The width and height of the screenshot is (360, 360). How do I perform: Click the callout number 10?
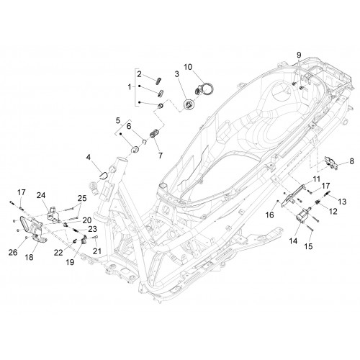(188, 67)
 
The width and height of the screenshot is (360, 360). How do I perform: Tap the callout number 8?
(351, 161)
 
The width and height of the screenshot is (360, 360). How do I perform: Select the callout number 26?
(13, 252)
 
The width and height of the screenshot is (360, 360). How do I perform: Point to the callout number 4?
(89, 158)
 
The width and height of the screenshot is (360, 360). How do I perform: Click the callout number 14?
(293, 240)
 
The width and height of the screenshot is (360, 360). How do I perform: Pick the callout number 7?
(160, 156)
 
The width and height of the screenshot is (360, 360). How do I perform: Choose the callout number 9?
(299, 55)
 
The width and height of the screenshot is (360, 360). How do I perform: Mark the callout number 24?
(41, 195)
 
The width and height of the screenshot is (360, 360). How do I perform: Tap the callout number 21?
(97, 251)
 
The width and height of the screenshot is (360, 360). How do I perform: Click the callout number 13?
(342, 202)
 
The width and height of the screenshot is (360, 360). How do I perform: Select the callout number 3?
(177, 74)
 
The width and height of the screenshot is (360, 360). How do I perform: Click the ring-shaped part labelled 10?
(207, 89)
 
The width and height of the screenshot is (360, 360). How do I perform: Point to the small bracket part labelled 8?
(331, 163)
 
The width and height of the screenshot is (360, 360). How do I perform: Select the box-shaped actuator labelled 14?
(302, 215)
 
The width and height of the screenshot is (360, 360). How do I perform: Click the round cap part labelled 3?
(189, 105)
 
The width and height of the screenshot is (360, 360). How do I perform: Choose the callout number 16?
(270, 215)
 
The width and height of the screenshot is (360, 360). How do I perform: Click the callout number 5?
(118, 120)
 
